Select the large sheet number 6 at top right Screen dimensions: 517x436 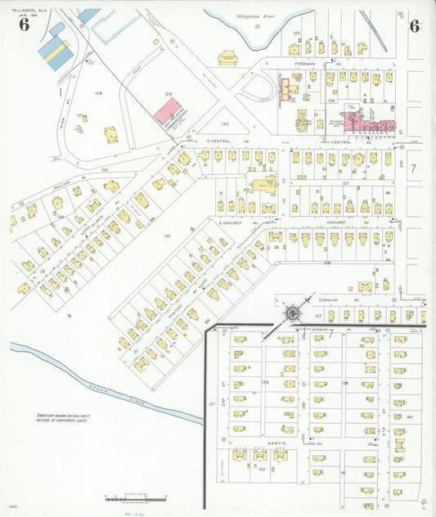coord(415,25)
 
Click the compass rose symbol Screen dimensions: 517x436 coord(290,314)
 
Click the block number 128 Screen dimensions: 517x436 coord(99,93)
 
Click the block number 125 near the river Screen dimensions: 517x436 coord(297,33)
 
